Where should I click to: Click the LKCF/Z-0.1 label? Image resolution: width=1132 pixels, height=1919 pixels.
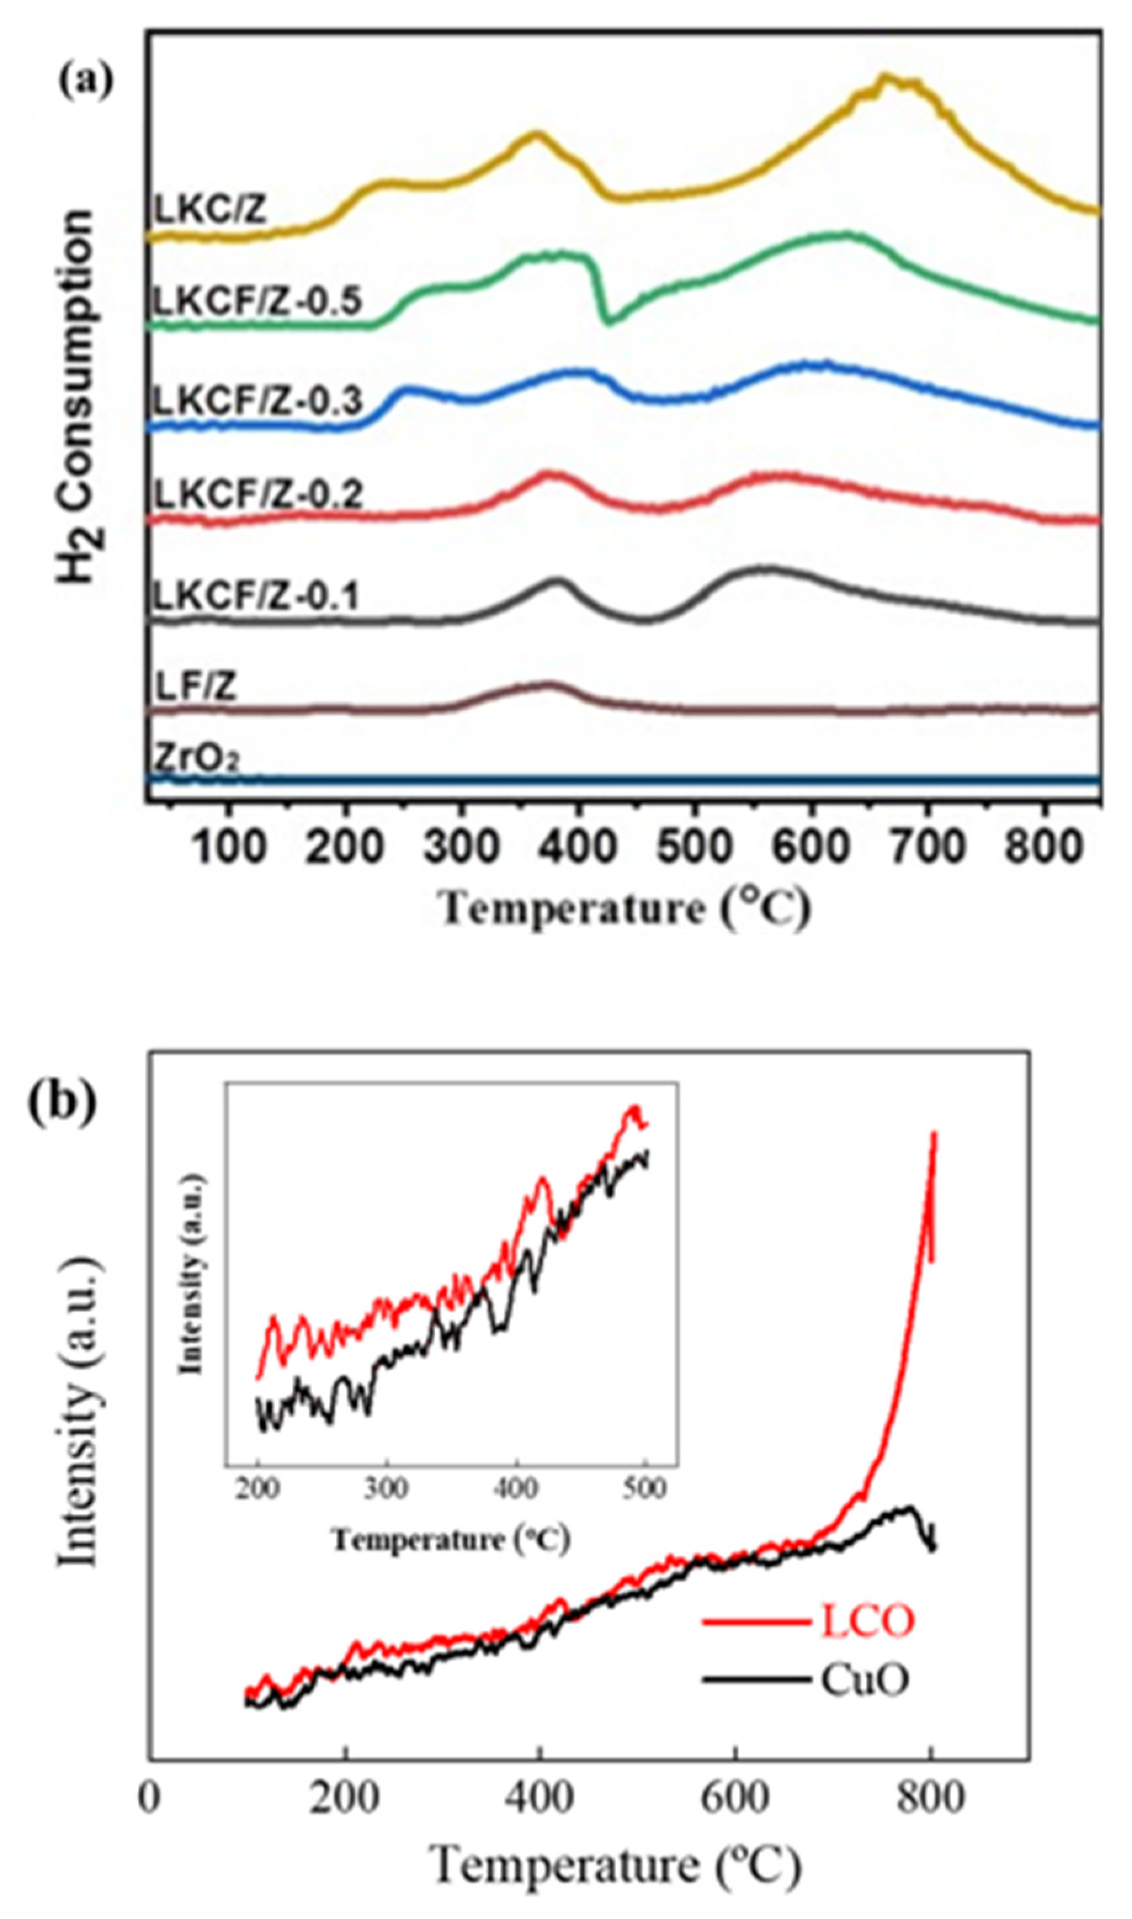256,597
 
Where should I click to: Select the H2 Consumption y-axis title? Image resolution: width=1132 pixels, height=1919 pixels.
77,397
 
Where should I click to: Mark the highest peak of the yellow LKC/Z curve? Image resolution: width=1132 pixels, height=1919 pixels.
885,76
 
